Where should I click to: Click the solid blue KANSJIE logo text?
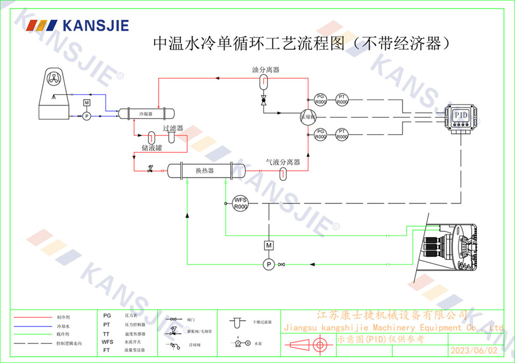coord(95,25)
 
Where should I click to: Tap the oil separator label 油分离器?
coord(266,69)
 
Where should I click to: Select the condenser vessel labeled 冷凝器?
coord(146,114)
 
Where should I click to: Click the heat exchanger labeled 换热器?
coord(204,170)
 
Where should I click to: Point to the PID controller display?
coord(460,115)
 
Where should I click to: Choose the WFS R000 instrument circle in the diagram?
coord(241,204)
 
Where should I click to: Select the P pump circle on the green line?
coord(268,264)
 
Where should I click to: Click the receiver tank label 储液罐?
coord(152,149)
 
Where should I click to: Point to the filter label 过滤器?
coord(173,129)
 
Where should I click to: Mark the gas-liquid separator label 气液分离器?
coord(283,162)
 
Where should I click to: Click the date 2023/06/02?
coord(474,351)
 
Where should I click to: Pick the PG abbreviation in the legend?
coord(107,316)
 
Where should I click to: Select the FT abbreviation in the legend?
coord(107,350)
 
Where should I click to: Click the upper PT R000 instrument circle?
coord(342,99)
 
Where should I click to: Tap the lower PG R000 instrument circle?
coord(320,135)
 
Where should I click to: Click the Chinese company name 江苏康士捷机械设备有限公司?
coord(391,315)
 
